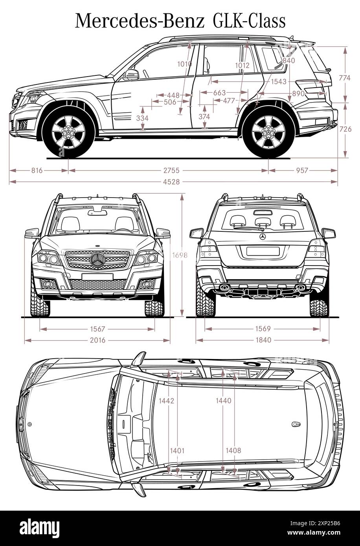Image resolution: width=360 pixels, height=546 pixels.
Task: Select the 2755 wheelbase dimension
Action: pyautogui.click(x=171, y=170)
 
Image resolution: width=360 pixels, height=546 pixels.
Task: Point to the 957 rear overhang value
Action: pyautogui.click(x=302, y=170)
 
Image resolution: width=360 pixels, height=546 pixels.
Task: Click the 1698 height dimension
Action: pyautogui.click(x=180, y=255)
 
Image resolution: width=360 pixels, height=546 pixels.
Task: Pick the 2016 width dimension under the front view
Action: pyautogui.click(x=97, y=340)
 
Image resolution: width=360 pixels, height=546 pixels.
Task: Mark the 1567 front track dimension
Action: pyautogui.click(x=97, y=329)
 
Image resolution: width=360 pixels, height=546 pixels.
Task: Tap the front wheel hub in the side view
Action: pyautogui.click(x=69, y=132)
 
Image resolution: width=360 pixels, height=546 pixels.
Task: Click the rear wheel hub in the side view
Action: pyautogui.click(x=268, y=132)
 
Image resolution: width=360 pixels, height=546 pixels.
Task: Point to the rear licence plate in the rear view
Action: pyautogui.click(x=263, y=251)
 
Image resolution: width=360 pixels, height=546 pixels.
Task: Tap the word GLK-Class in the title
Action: pyautogui.click(x=249, y=21)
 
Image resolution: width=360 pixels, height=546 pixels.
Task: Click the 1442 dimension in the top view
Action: pyautogui.click(x=166, y=401)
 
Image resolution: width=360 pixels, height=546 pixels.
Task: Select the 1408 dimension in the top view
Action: pyautogui.click(x=233, y=451)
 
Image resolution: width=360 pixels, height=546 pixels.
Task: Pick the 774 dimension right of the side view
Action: pyautogui.click(x=344, y=78)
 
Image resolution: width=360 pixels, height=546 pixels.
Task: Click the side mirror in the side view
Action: pyautogui.click(x=131, y=75)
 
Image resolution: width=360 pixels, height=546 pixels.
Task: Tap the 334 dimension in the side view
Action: pyautogui.click(x=142, y=118)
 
